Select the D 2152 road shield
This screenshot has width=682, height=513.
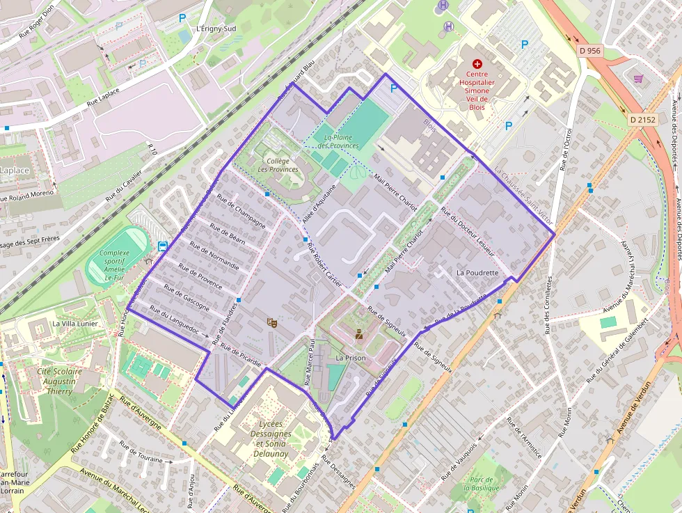pos(642,119)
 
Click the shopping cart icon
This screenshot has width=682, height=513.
pos(637,78)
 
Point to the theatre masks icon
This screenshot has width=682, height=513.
pos(271,322)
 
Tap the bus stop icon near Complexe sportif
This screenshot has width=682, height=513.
pos(163,246)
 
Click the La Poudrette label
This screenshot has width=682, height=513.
pos(478,272)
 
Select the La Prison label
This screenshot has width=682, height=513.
pos(350,358)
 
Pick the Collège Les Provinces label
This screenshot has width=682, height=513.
pos(278,165)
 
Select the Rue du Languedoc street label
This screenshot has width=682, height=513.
pos(179,322)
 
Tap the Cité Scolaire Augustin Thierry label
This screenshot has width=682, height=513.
pos(59,381)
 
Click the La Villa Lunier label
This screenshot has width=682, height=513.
pos(75,324)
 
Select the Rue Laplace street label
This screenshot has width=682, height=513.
pos(103,97)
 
